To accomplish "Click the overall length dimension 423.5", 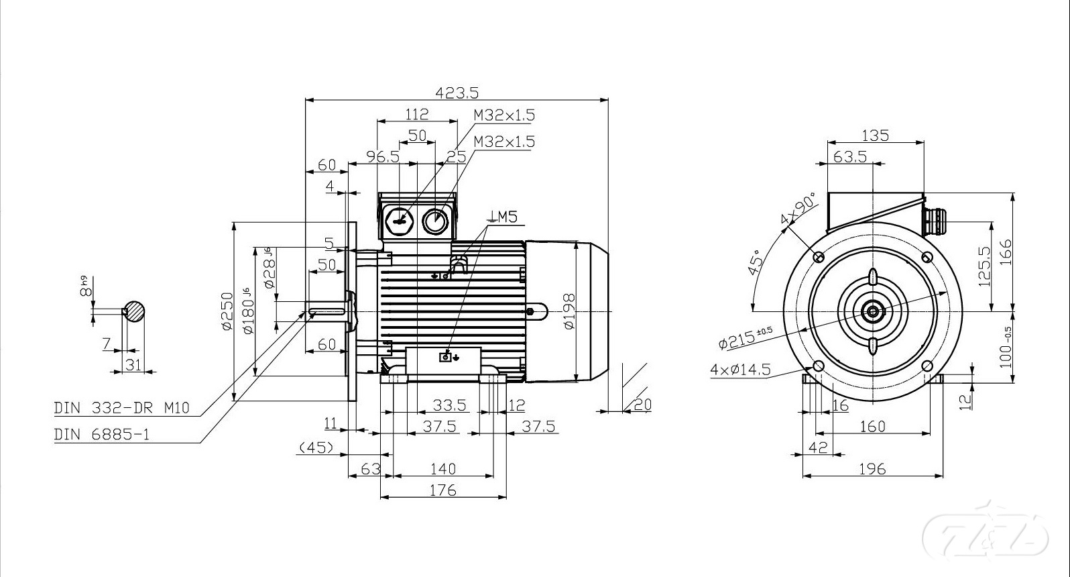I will point(457,93).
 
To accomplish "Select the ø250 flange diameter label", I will point(227,311).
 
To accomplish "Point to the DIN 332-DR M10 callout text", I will point(121,407).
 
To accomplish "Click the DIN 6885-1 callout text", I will point(102,435).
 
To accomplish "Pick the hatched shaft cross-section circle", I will point(135,311).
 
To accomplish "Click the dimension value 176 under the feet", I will point(442,490).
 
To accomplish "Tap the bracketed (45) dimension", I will point(316,448).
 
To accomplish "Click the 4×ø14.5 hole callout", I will point(740,370).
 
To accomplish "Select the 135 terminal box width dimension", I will point(875,136).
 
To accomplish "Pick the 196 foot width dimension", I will point(872,469).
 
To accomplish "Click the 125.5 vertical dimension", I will point(985,266).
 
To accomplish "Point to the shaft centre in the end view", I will point(873,311).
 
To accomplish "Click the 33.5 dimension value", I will point(449,405).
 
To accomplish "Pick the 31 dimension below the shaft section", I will point(134,364).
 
